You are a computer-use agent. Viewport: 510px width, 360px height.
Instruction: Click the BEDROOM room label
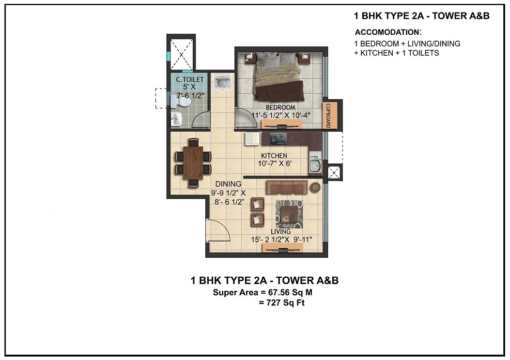tap(280, 107)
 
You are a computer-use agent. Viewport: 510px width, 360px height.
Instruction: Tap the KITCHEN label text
tap(274, 156)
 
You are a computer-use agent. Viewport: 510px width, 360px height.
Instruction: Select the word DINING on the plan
tap(228, 184)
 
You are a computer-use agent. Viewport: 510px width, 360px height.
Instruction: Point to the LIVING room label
tap(281, 232)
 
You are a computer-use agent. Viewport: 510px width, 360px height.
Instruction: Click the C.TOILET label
tap(189, 79)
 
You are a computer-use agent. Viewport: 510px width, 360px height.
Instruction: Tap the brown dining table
tap(193, 162)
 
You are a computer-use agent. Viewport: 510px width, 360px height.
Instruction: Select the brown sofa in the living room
tap(286, 188)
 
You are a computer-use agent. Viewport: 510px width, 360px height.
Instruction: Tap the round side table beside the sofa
tap(315, 187)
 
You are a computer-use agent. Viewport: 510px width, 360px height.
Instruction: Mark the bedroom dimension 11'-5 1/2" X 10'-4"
tap(280, 115)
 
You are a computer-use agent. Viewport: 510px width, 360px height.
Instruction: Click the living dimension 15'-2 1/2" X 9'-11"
tap(281, 240)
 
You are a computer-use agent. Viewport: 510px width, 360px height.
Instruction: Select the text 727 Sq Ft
tap(282, 303)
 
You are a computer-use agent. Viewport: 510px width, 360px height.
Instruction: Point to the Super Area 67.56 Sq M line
tap(265, 293)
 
